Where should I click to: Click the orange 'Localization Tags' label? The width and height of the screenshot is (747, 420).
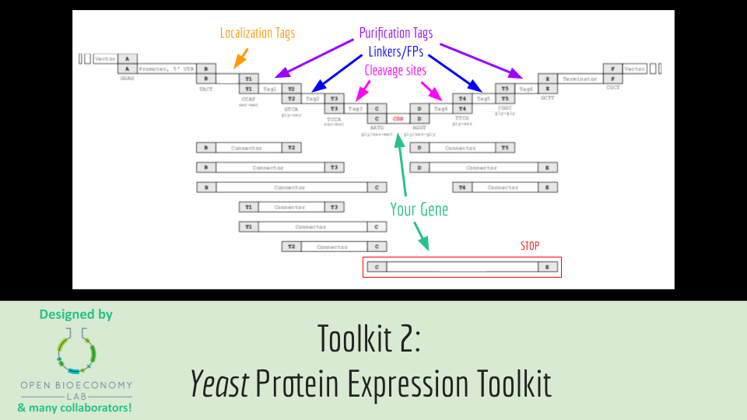pyautogui.click(x=258, y=33)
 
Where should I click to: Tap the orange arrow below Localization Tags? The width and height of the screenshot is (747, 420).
pyautogui.click(x=241, y=57)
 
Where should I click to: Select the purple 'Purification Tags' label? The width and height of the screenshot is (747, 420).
pyautogui.click(x=395, y=33)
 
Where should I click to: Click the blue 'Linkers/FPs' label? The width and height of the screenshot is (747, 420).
pyautogui.click(x=396, y=52)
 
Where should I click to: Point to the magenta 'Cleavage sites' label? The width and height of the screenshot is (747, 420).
pyautogui.click(x=395, y=70)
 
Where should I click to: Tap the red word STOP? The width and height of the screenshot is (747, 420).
pyautogui.click(x=530, y=246)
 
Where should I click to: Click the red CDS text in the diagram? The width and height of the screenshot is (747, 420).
pyautogui.click(x=398, y=118)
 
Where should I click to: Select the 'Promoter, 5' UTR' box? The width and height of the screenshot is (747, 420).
pyautogui.click(x=167, y=68)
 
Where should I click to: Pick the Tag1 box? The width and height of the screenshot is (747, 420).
pyautogui.click(x=270, y=89)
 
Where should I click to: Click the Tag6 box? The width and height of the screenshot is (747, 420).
pyautogui.click(x=527, y=89)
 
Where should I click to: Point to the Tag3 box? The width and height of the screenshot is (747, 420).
pyautogui.click(x=355, y=109)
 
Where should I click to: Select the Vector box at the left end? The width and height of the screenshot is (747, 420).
pyautogui.click(x=105, y=58)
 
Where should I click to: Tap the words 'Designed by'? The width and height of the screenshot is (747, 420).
pyautogui.click(x=76, y=315)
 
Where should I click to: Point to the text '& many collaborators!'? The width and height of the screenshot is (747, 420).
pyautogui.click(x=75, y=408)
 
